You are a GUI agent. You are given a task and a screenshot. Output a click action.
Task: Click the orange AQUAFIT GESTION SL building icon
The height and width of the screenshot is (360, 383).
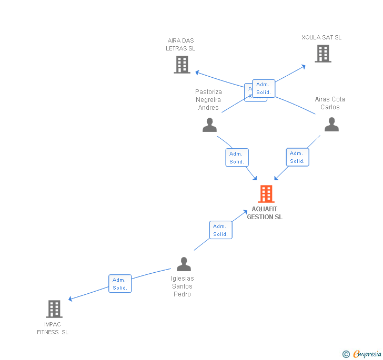coord(266,194)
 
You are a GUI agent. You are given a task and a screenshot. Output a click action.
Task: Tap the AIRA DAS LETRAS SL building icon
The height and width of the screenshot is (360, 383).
coord(182,65)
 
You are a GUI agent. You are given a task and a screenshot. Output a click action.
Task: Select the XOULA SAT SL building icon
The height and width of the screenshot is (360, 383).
coord(323,54)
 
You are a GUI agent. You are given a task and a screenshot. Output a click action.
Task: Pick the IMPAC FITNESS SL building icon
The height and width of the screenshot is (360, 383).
coord(54,309)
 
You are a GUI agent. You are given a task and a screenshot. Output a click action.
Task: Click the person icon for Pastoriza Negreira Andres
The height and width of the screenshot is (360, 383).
coord(209,125)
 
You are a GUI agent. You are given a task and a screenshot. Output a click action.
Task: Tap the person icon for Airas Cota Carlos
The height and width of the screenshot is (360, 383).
coord(331,125)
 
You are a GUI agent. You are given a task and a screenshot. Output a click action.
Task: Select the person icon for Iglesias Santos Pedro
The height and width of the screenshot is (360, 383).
coord(184,264)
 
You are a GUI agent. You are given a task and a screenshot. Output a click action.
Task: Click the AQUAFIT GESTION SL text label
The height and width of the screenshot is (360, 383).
coord(265,213)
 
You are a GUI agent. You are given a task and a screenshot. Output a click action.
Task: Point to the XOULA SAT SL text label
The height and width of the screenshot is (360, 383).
coord(321,37)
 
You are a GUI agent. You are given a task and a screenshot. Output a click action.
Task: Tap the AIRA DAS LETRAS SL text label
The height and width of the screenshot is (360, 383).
coord(180,45)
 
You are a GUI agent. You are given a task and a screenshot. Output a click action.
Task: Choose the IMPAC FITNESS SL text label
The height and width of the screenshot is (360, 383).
coord(53,328)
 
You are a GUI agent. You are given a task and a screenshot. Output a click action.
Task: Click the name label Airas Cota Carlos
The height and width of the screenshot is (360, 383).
coord(330,103)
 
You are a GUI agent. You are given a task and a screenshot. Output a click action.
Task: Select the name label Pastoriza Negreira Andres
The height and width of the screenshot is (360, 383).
coord(209,100)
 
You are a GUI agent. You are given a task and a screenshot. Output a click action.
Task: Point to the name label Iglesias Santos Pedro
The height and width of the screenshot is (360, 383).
coord(183,286)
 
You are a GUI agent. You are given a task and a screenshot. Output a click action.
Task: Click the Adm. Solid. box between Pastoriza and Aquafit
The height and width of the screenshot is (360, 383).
coord(237,158)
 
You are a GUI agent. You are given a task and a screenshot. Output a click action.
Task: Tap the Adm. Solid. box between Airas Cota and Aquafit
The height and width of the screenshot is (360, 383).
coord(297,157)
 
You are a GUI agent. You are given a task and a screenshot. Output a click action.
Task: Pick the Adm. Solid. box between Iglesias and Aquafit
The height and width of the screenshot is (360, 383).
coord(220,230)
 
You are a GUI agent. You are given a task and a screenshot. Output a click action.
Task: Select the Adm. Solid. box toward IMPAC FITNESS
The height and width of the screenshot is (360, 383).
coord(120,284)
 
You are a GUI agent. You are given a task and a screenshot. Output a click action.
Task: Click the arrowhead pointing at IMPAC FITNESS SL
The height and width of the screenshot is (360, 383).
coord(71,299)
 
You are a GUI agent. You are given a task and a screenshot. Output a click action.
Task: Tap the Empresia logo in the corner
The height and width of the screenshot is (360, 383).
coord(362,354)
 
